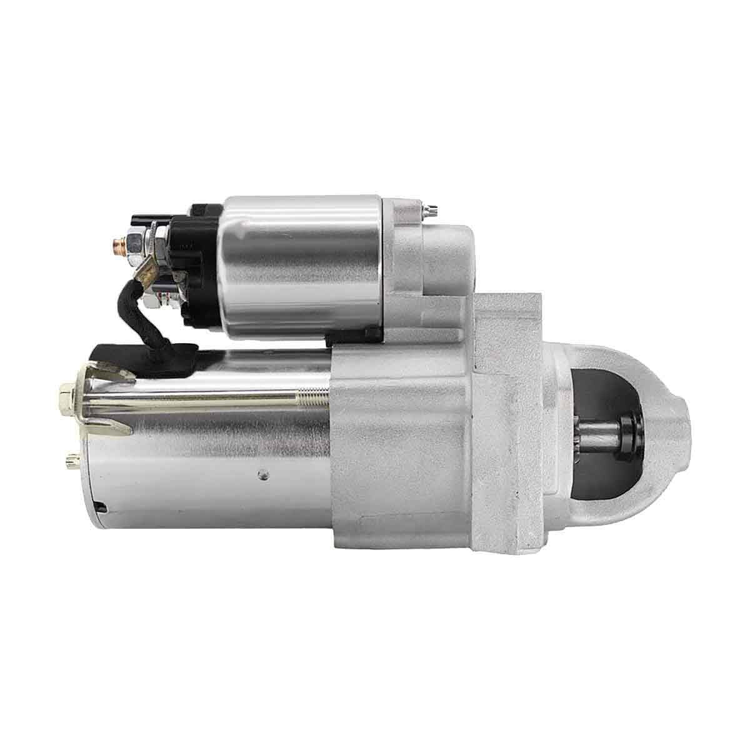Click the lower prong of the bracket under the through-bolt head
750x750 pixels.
tap(116, 429)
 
